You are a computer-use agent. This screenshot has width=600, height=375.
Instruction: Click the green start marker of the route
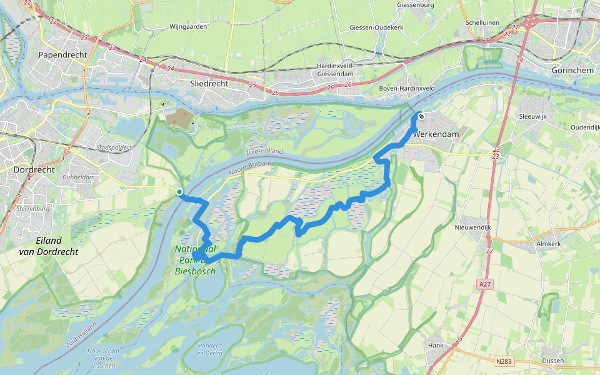pos(179,192)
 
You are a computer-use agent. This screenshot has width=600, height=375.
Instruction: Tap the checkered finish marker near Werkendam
pos(421,116)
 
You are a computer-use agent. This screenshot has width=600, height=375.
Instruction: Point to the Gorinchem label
pos(572,71)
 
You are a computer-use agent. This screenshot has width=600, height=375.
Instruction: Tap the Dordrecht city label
pos(34,169)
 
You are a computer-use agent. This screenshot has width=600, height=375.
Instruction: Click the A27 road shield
pos(484,284)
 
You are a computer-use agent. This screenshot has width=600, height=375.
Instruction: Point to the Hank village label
pos(435,345)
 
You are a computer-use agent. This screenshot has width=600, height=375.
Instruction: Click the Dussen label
pos(552,361)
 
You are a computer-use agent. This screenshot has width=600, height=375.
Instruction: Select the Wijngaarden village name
pos(188,27)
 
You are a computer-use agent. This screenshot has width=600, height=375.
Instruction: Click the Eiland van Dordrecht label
pos(40,246)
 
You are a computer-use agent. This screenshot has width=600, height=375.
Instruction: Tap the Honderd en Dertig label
pos(209,349)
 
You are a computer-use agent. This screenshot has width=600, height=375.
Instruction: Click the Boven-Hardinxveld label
pos(407,89)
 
